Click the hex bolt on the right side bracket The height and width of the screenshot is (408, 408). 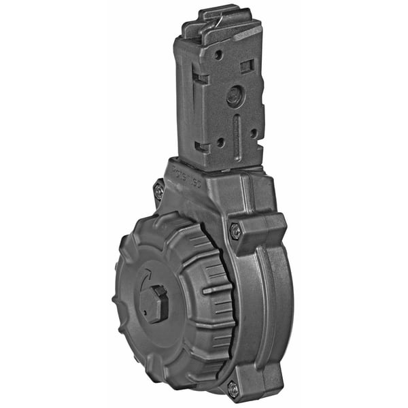pos(235,232)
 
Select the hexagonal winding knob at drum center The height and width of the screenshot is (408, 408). pos(155,303)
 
